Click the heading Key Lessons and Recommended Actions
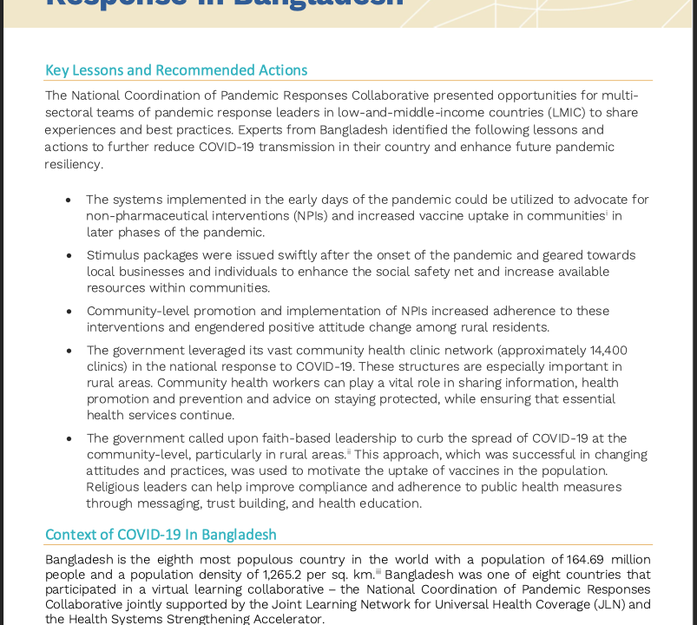click(176, 70)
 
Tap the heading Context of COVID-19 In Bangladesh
click(161, 535)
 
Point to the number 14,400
click(608, 351)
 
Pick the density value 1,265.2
click(288, 575)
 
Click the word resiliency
click(74, 164)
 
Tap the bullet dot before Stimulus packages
click(69, 256)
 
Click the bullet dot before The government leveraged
click(69, 352)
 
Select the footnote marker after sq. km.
click(378, 571)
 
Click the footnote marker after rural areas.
click(349, 451)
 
